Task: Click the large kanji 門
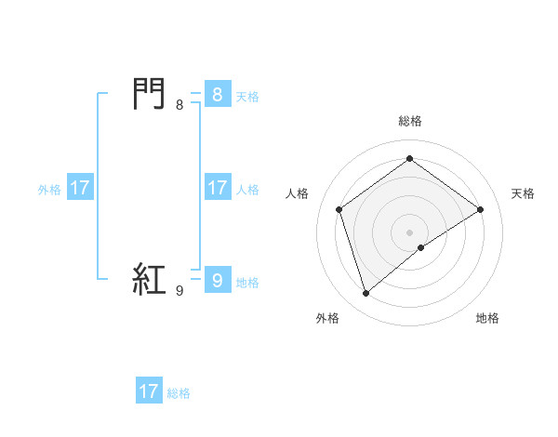[x=150, y=94]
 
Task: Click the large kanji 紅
[x=150, y=280]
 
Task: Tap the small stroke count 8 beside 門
[x=179, y=105]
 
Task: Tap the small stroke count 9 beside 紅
[x=179, y=291]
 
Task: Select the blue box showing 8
[x=217, y=95]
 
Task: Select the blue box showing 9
[x=217, y=280]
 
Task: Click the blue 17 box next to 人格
[x=217, y=188]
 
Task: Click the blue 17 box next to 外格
[x=80, y=188]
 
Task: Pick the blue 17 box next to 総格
[x=149, y=391]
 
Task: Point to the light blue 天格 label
[x=247, y=97]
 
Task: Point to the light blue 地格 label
[x=247, y=283]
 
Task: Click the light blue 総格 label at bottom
[x=179, y=393]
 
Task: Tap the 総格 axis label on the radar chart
[x=410, y=121]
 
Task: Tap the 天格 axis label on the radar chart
[x=523, y=193]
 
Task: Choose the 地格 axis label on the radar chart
[x=487, y=318]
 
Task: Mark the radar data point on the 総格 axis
[x=410, y=159]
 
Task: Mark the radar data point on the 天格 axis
[x=481, y=209]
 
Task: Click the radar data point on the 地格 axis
[x=421, y=247]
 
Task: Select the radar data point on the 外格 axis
[x=365, y=294]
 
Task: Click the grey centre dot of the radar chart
[x=410, y=232]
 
